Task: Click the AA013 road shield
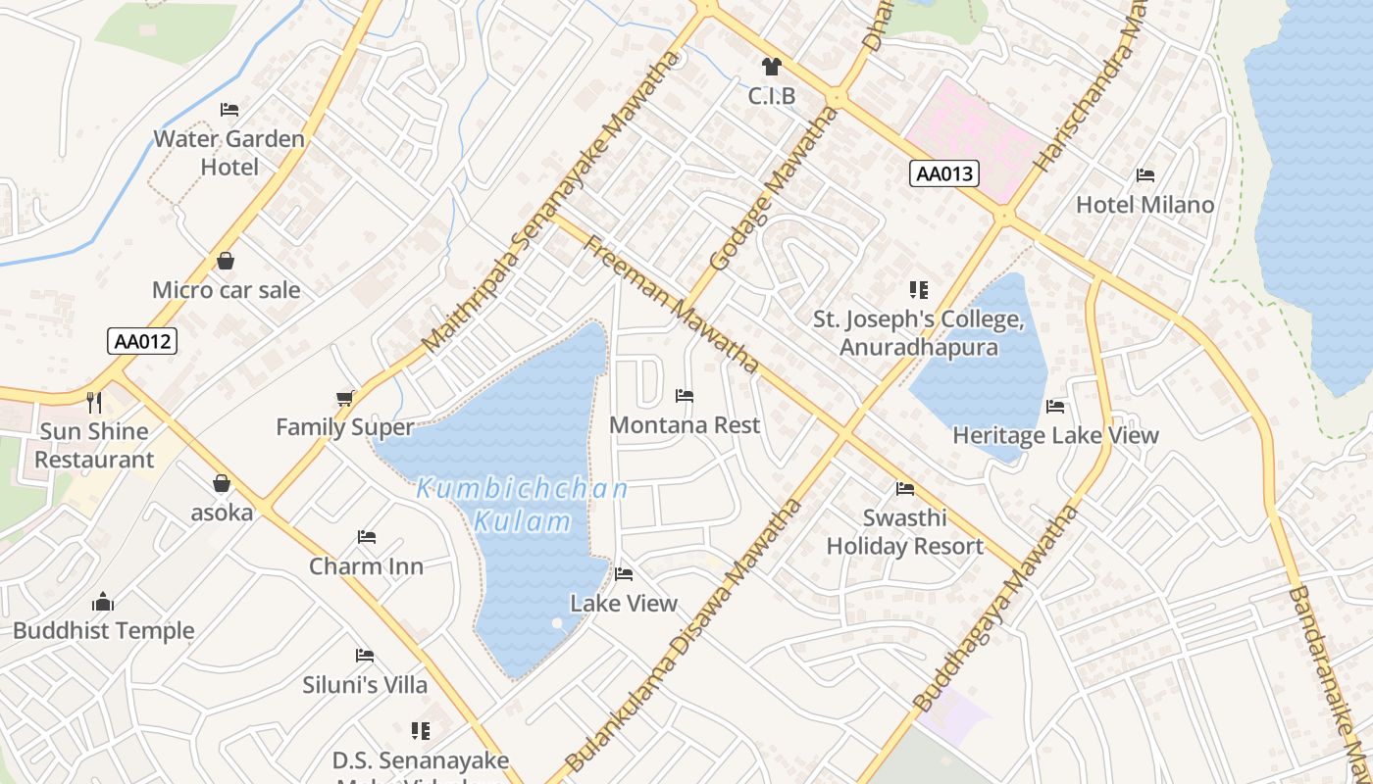[x=944, y=174]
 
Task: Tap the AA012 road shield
[x=142, y=341]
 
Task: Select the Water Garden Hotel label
[x=229, y=153]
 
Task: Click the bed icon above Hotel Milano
[x=1144, y=176]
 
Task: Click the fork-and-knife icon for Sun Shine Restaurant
[x=94, y=402]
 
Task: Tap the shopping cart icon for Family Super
[x=344, y=398]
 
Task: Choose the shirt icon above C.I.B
[x=772, y=67]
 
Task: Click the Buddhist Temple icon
[x=103, y=602]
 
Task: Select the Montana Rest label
[x=685, y=425]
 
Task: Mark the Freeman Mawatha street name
[x=672, y=304]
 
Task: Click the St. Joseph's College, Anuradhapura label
[x=919, y=333]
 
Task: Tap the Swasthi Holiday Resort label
[x=904, y=532]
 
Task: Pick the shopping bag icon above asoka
[x=222, y=483]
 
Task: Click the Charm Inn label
[x=366, y=566]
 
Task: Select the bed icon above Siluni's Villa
[x=365, y=656]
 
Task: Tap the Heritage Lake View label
[x=1055, y=435]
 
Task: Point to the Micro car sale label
[x=226, y=290]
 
